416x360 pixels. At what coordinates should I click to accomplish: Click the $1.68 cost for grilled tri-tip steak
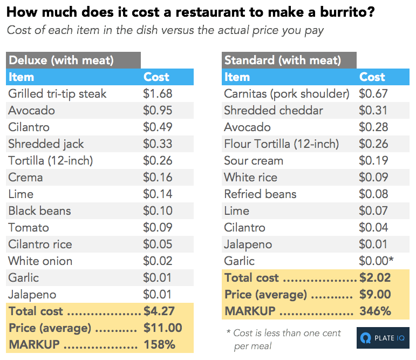[x=158, y=94]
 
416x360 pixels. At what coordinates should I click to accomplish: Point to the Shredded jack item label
[x=46, y=144]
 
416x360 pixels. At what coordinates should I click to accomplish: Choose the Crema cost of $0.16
[x=158, y=178]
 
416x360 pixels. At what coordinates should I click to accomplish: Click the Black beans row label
[x=39, y=211]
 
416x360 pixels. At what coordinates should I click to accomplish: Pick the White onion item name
[x=40, y=261]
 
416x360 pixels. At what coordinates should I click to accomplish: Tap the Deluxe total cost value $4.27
[x=159, y=311]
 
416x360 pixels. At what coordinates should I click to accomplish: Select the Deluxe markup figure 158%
[x=160, y=344]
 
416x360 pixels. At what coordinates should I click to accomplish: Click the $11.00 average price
[x=163, y=328]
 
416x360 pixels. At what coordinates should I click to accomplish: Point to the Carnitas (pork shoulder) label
[x=287, y=94]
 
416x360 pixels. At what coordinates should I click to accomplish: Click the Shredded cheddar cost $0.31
[x=373, y=111]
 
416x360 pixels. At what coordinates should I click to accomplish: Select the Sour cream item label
[x=254, y=161]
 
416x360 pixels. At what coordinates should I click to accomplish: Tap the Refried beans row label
[x=260, y=194]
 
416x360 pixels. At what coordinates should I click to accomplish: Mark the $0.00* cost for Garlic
[x=376, y=261]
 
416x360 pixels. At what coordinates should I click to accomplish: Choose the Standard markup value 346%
[x=375, y=311]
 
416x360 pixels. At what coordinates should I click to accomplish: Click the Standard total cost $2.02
[x=375, y=278]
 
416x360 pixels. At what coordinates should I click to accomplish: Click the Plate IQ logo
[x=383, y=338]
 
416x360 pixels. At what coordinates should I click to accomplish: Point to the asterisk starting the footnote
[x=228, y=331]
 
